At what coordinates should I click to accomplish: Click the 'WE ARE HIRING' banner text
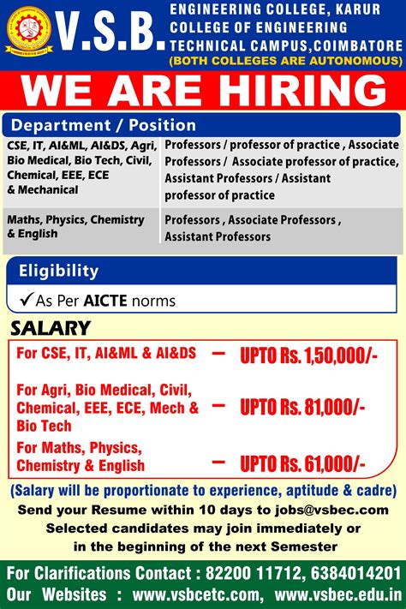point(203,91)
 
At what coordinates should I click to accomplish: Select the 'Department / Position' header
point(103,125)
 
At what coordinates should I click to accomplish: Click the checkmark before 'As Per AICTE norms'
point(26,301)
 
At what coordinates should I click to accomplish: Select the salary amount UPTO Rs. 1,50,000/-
point(307,355)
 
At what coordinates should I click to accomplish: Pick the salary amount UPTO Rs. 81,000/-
point(302,408)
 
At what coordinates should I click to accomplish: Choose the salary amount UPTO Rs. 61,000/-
point(302,463)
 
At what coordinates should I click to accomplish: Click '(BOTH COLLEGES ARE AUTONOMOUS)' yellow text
point(285,61)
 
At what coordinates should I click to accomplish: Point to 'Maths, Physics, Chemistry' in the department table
point(75,220)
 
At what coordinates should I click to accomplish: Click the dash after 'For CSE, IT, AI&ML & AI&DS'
point(219,352)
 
